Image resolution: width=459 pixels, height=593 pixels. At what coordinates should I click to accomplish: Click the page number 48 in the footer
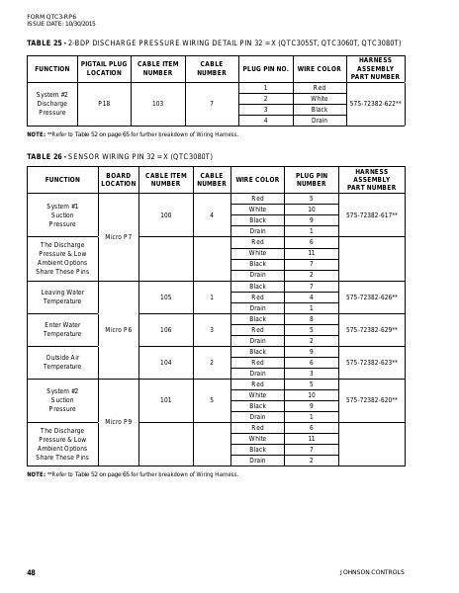pyautogui.click(x=31, y=572)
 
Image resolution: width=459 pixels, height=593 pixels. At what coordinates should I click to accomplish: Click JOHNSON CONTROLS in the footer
pyautogui.click(x=372, y=572)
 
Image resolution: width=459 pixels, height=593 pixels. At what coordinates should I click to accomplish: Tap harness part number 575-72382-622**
pyautogui.click(x=372, y=103)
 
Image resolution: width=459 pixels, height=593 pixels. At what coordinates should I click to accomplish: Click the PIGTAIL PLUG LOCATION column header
pyautogui.click(x=104, y=69)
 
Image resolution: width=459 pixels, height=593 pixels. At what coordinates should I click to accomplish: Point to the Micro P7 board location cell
pyautogui.click(x=118, y=237)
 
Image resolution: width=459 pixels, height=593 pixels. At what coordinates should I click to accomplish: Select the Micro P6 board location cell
pyautogui.click(x=118, y=329)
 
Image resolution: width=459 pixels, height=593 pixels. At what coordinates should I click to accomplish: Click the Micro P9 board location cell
pyautogui.click(x=118, y=421)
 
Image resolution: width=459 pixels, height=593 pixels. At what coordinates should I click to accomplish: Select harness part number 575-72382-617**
pyautogui.click(x=372, y=214)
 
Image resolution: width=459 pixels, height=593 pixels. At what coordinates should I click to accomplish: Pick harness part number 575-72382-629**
pyautogui.click(x=372, y=329)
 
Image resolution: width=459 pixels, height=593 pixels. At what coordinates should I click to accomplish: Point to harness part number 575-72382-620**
pyautogui.click(x=372, y=399)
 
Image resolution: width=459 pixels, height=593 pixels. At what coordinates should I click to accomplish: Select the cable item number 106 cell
pyautogui.click(x=165, y=329)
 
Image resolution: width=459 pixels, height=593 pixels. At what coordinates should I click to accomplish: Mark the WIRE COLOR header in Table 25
pyautogui.click(x=319, y=69)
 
